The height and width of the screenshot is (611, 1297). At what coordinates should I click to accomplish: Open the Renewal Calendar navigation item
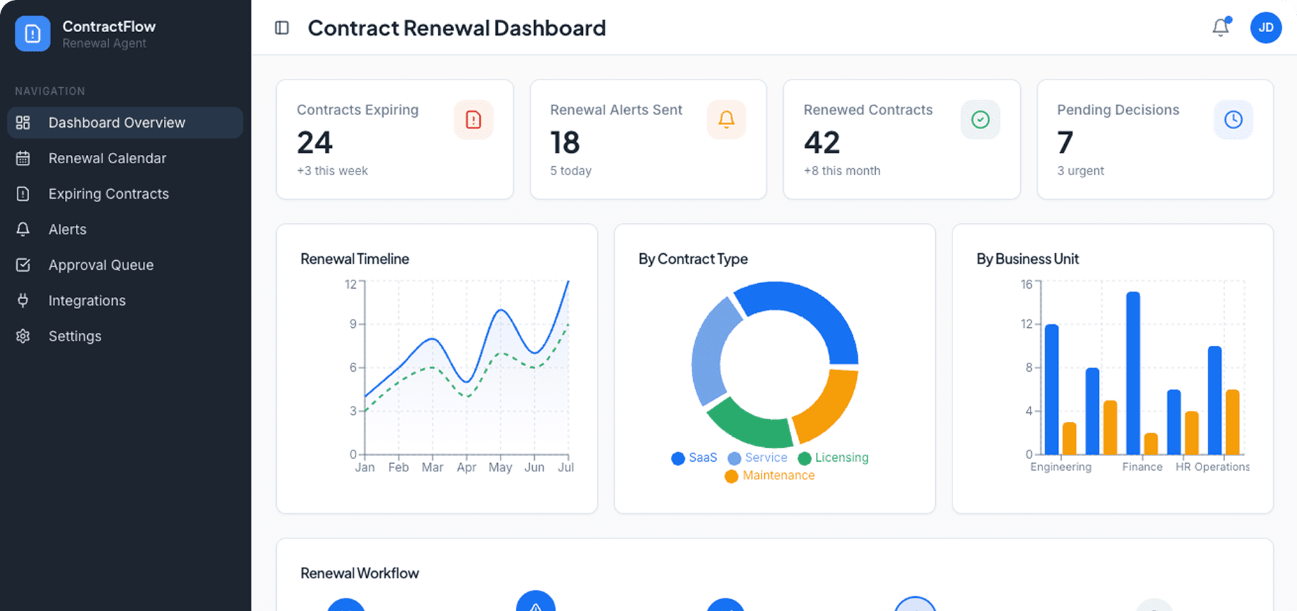tap(107, 158)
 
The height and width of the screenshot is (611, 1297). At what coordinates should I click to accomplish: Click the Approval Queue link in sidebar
tap(100, 265)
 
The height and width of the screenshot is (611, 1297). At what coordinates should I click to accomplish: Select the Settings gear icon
tap(23, 336)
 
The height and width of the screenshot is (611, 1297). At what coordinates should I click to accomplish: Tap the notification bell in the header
tap(1220, 27)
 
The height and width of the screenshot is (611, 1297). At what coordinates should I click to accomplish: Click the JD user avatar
tap(1266, 28)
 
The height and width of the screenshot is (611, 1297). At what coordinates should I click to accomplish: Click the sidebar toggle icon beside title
tap(282, 28)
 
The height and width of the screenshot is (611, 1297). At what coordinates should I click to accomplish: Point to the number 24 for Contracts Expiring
tap(314, 143)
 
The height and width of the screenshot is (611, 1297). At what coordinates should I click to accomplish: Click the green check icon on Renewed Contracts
tap(980, 120)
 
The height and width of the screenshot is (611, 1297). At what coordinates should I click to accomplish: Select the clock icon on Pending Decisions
tap(1233, 120)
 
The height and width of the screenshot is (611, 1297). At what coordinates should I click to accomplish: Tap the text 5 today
tap(570, 171)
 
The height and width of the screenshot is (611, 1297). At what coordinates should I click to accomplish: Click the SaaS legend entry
tap(695, 458)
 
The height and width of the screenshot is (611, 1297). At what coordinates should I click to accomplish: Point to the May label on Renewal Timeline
tap(500, 467)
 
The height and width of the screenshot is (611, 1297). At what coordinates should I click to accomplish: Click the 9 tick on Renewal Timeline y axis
tap(353, 324)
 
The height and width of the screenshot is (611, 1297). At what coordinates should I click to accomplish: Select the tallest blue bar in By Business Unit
tap(1132, 373)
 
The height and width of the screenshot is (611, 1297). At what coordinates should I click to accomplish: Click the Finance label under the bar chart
tap(1141, 467)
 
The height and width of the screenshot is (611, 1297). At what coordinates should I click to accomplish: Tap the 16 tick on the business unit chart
tap(1026, 284)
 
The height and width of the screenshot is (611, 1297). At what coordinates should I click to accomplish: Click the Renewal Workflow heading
tap(359, 573)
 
